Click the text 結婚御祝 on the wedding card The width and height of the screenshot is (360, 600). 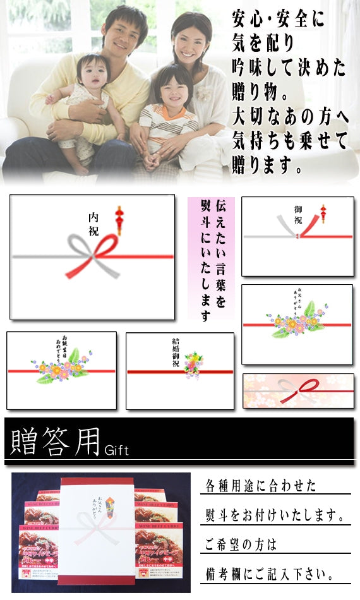pyautogui.click(x=181, y=350)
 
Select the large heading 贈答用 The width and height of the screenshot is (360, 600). pyautogui.click(x=53, y=441)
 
